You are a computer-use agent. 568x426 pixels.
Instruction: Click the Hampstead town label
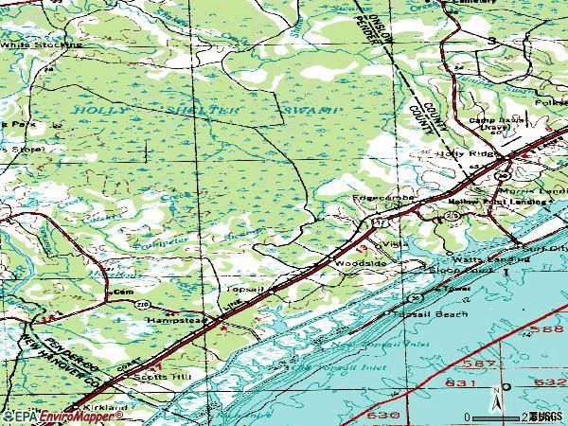[x=175, y=320]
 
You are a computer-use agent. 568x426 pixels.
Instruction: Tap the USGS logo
[x=547, y=416]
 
